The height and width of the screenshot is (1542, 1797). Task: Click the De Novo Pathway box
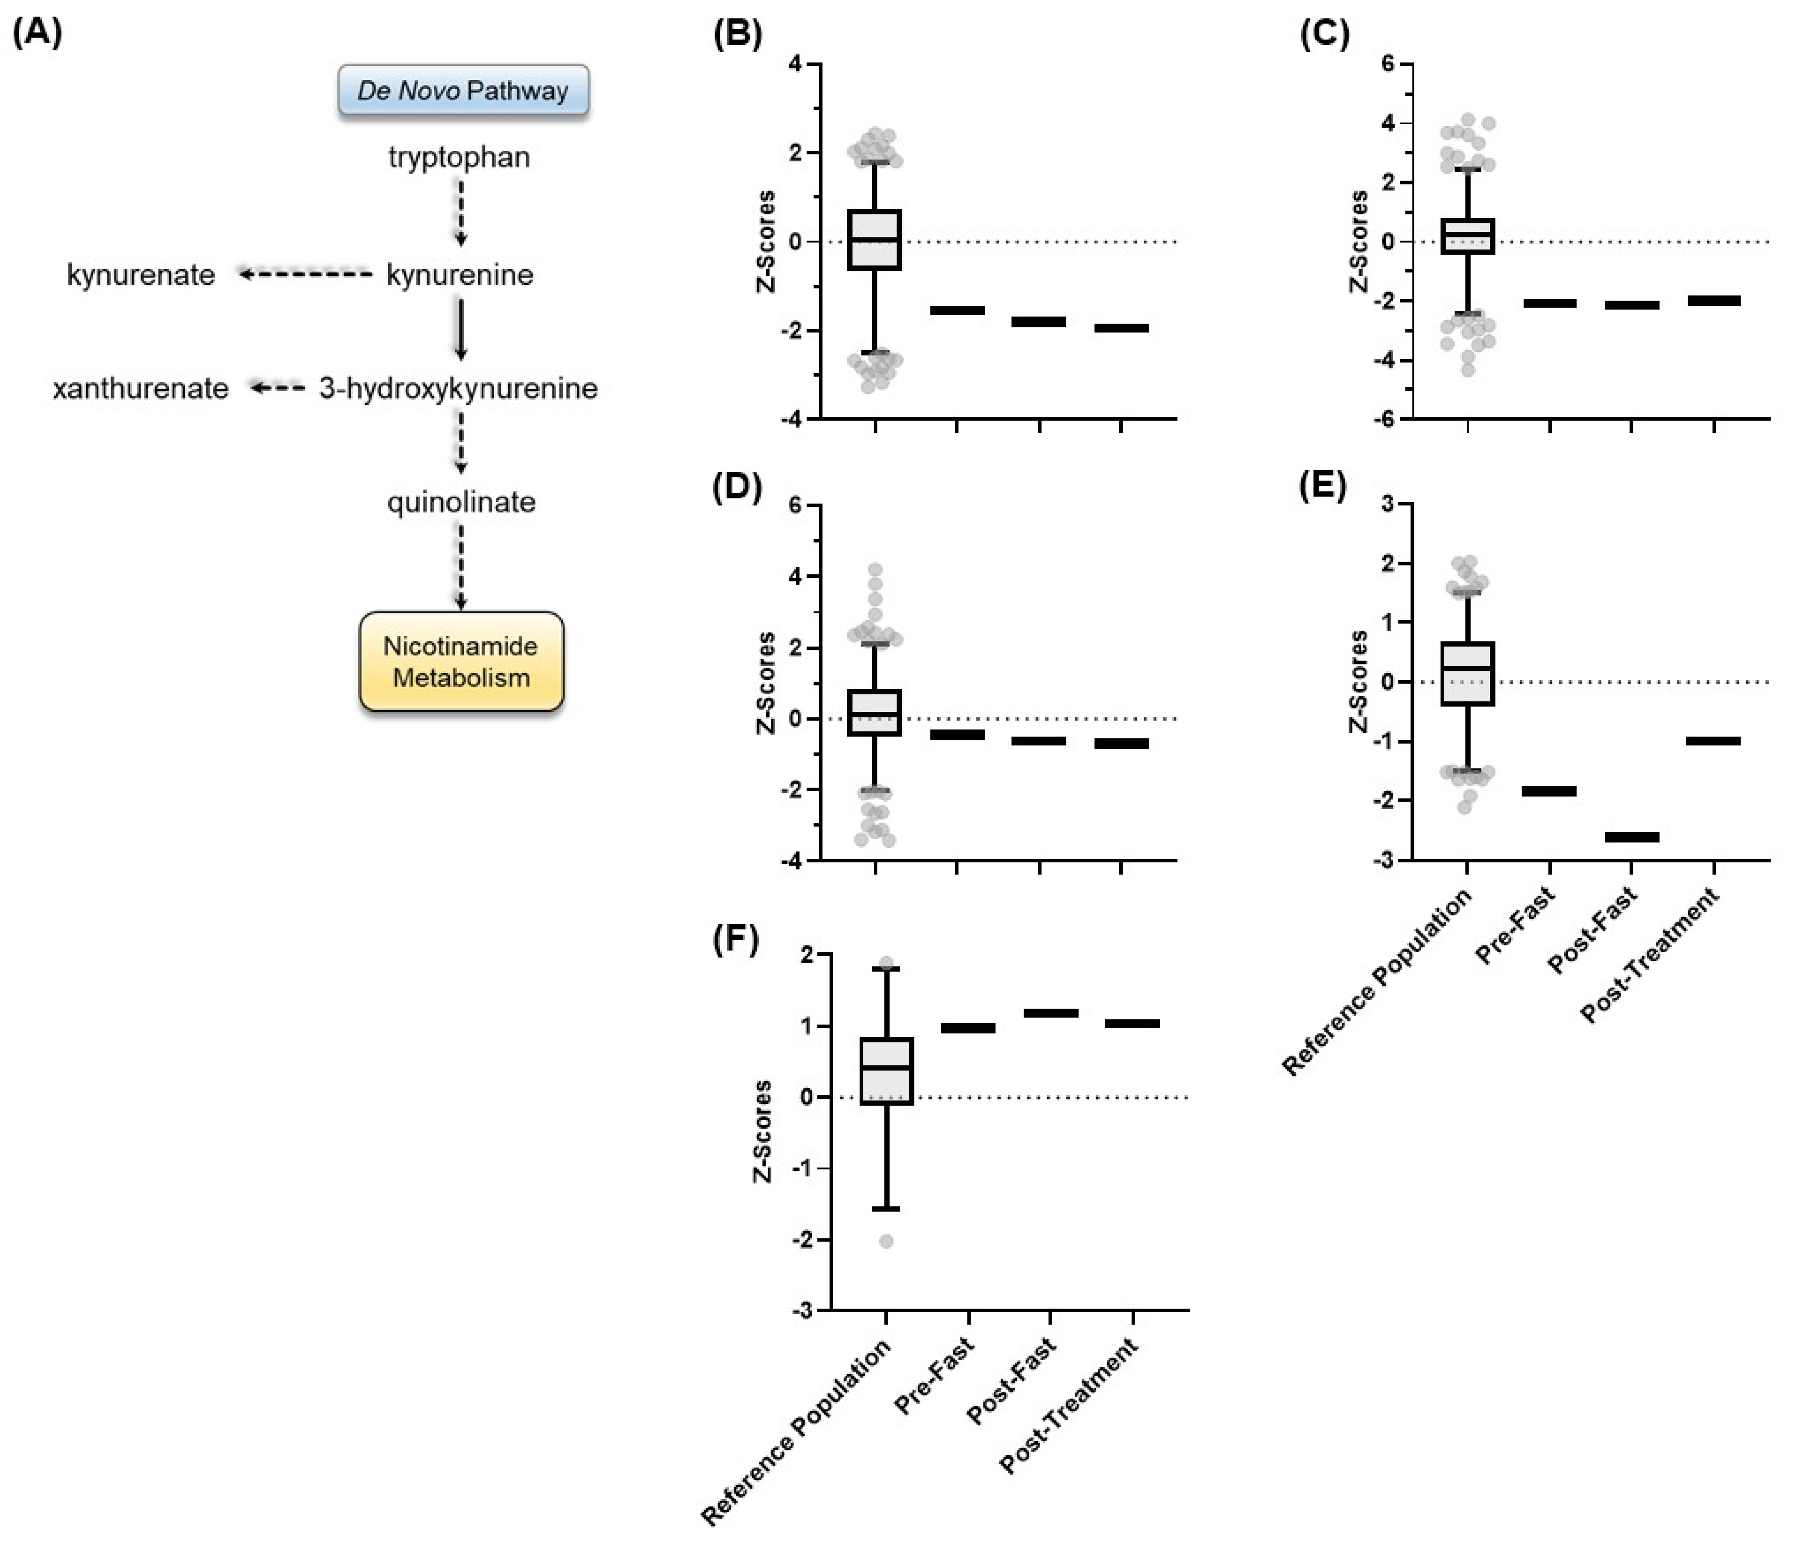point(463,90)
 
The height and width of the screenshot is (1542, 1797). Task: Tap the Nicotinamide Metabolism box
point(461,662)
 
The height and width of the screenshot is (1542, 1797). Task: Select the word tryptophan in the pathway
point(459,158)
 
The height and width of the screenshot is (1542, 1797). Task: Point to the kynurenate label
point(140,275)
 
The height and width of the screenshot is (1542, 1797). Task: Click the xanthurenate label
point(140,389)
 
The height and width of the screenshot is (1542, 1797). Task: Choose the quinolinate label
point(461,502)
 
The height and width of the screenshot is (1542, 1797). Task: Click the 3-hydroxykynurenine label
point(458,389)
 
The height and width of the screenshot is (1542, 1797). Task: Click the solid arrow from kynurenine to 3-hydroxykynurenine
point(461,330)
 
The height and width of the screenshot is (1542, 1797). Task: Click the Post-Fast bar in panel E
point(1631,837)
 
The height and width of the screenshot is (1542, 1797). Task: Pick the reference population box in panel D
point(874,713)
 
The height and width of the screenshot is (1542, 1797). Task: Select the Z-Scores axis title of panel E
point(1358,682)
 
